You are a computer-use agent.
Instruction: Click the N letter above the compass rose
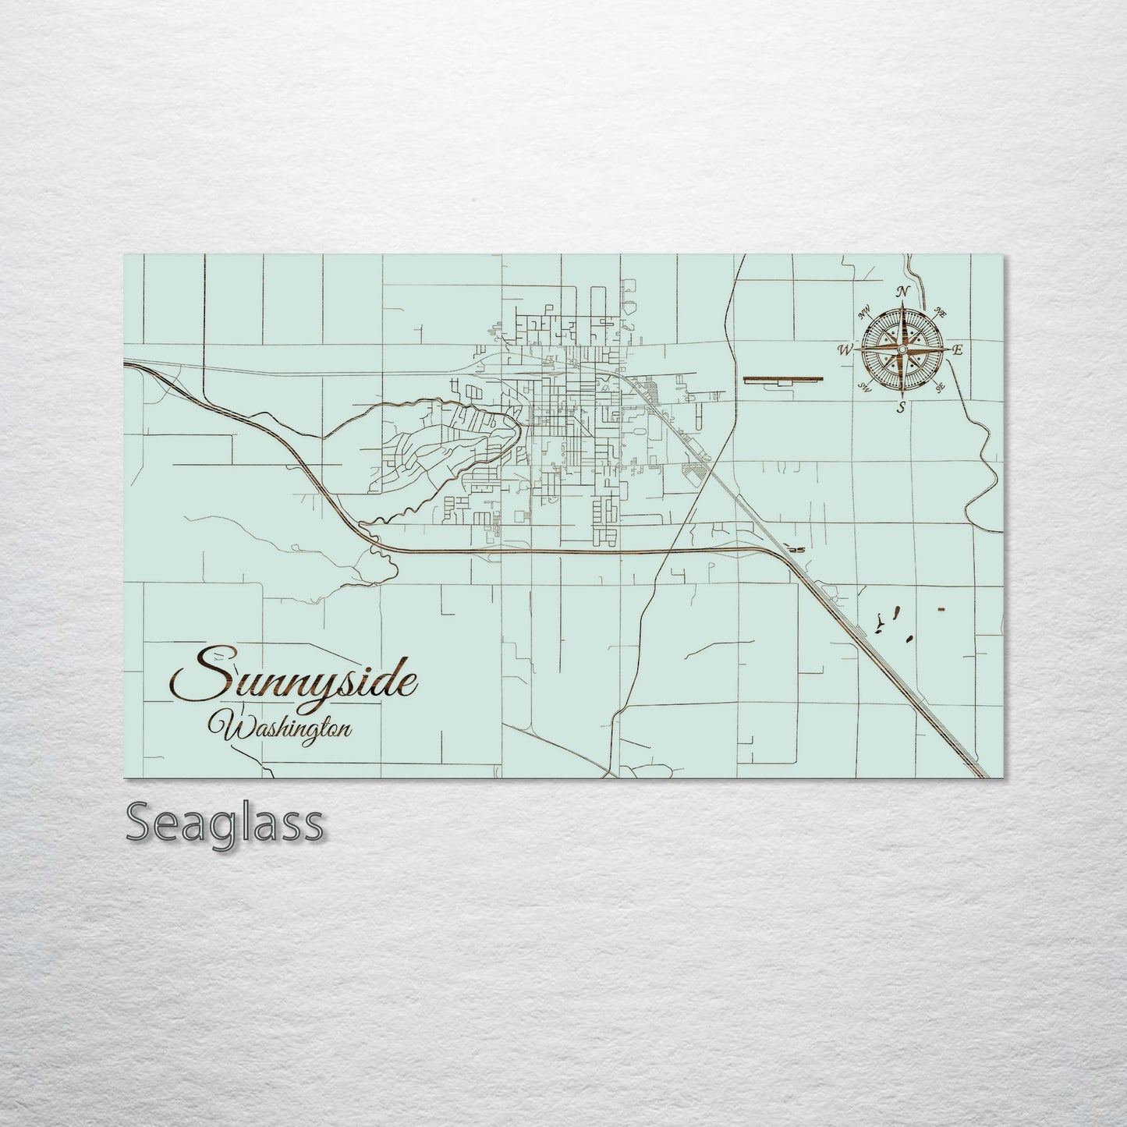click(x=903, y=292)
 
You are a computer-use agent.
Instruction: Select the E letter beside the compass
click(x=959, y=350)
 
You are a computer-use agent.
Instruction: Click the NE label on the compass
click(x=941, y=314)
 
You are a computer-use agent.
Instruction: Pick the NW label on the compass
click(x=864, y=315)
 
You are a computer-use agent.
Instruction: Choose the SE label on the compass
click(x=940, y=387)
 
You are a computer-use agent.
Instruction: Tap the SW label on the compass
click(x=863, y=387)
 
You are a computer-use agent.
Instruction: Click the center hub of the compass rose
click(x=902, y=351)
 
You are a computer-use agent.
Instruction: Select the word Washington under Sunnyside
click(x=285, y=728)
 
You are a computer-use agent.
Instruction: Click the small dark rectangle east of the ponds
click(x=941, y=608)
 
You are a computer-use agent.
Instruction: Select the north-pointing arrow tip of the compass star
click(x=902, y=309)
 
